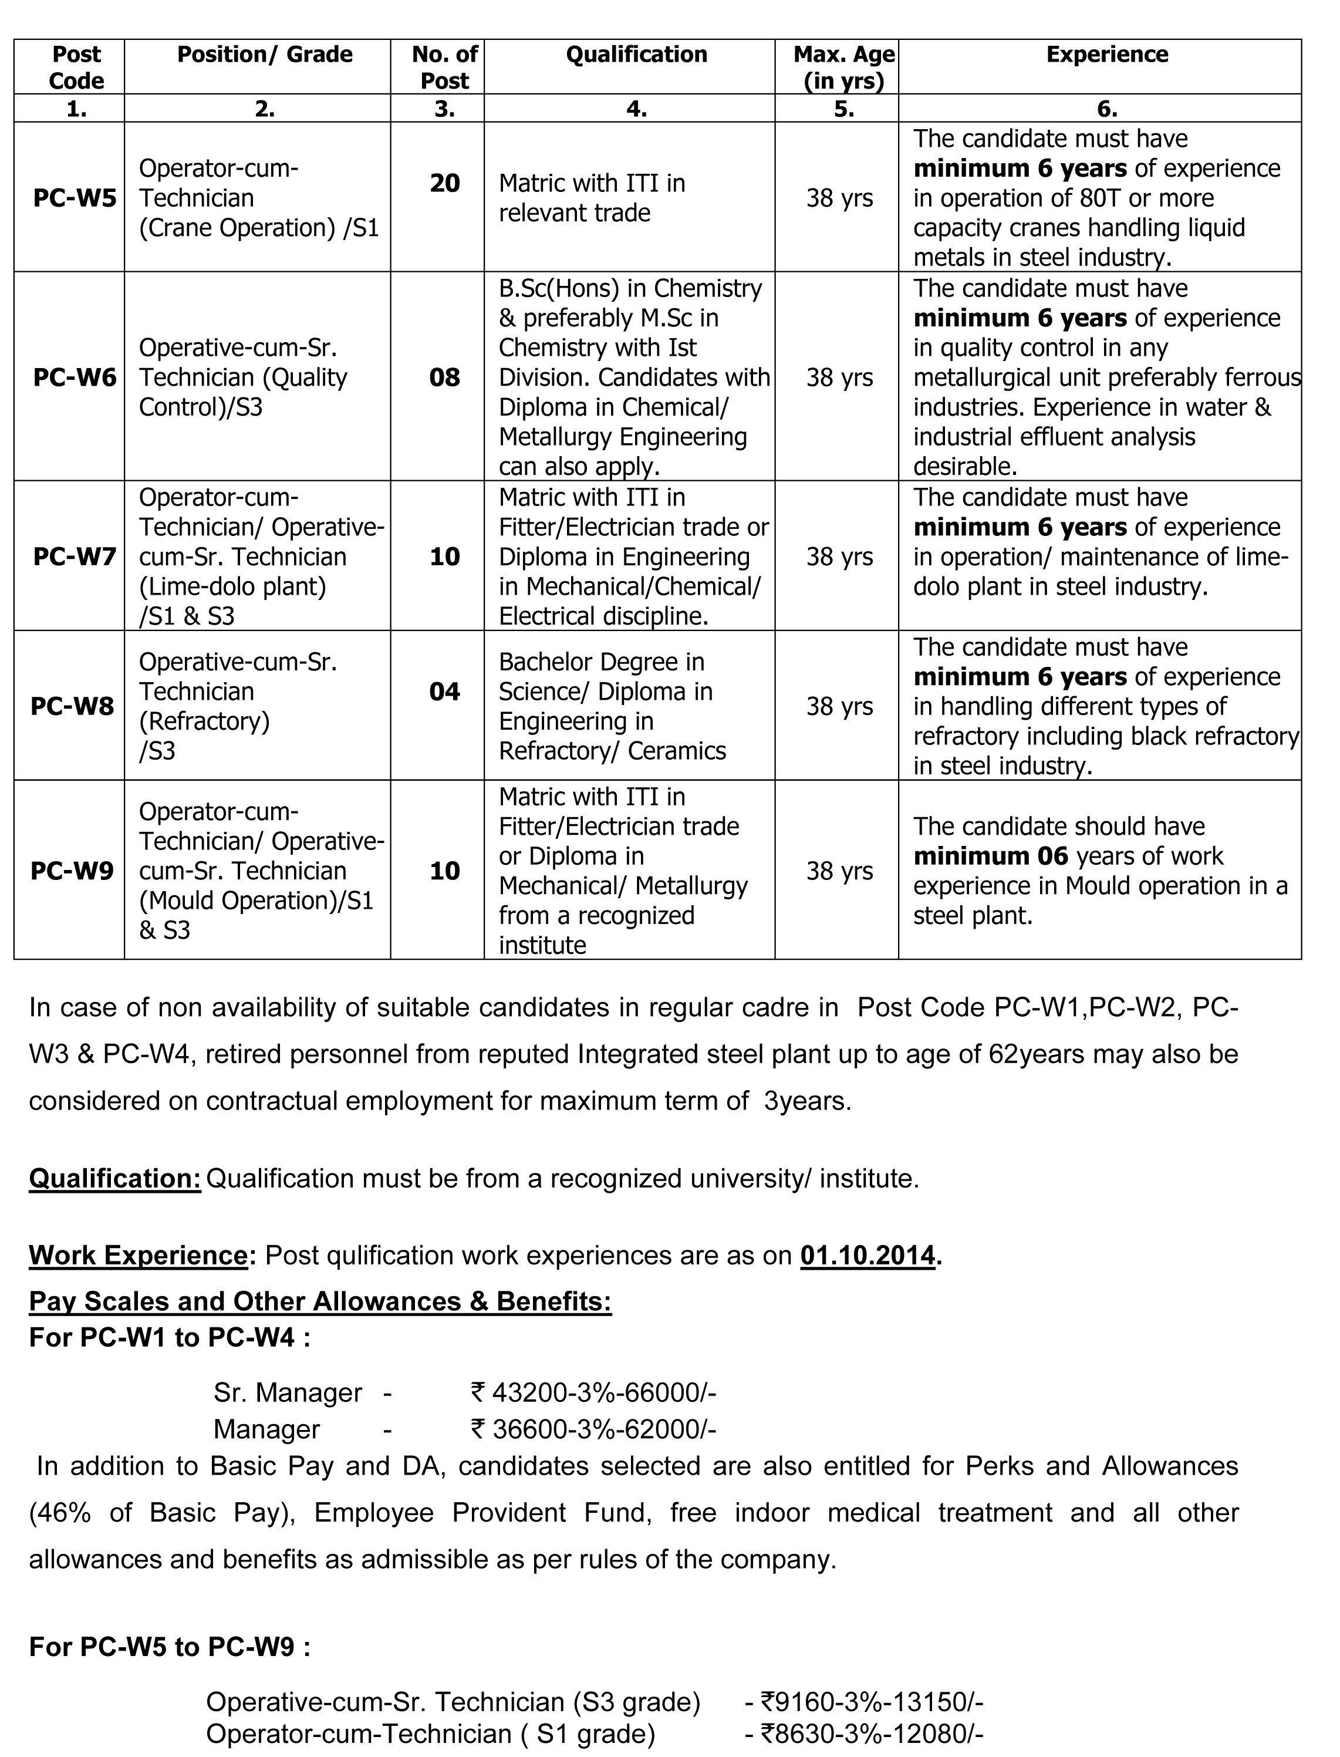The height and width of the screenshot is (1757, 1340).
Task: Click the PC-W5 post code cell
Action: (x=74, y=198)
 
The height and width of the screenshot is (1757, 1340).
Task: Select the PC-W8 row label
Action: (x=72, y=706)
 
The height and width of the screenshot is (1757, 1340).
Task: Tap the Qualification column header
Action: (x=636, y=54)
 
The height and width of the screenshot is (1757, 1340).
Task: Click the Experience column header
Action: (x=1107, y=54)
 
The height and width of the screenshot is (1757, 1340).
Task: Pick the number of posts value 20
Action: (x=444, y=183)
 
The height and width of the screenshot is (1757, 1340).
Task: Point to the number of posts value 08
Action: (x=444, y=377)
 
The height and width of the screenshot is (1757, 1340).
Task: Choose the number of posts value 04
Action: (x=444, y=692)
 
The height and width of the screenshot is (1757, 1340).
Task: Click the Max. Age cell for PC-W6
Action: (x=839, y=377)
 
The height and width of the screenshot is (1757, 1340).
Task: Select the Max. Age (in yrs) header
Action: (x=844, y=68)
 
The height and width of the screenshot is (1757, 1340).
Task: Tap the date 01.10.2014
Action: (x=867, y=1255)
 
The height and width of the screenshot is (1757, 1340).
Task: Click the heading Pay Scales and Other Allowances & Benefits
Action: (x=320, y=1301)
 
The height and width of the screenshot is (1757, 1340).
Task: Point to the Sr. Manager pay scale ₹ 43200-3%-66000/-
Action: (x=593, y=1392)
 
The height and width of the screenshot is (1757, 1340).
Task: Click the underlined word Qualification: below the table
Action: (x=115, y=1178)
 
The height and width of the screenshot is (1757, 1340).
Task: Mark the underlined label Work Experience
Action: (x=138, y=1255)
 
